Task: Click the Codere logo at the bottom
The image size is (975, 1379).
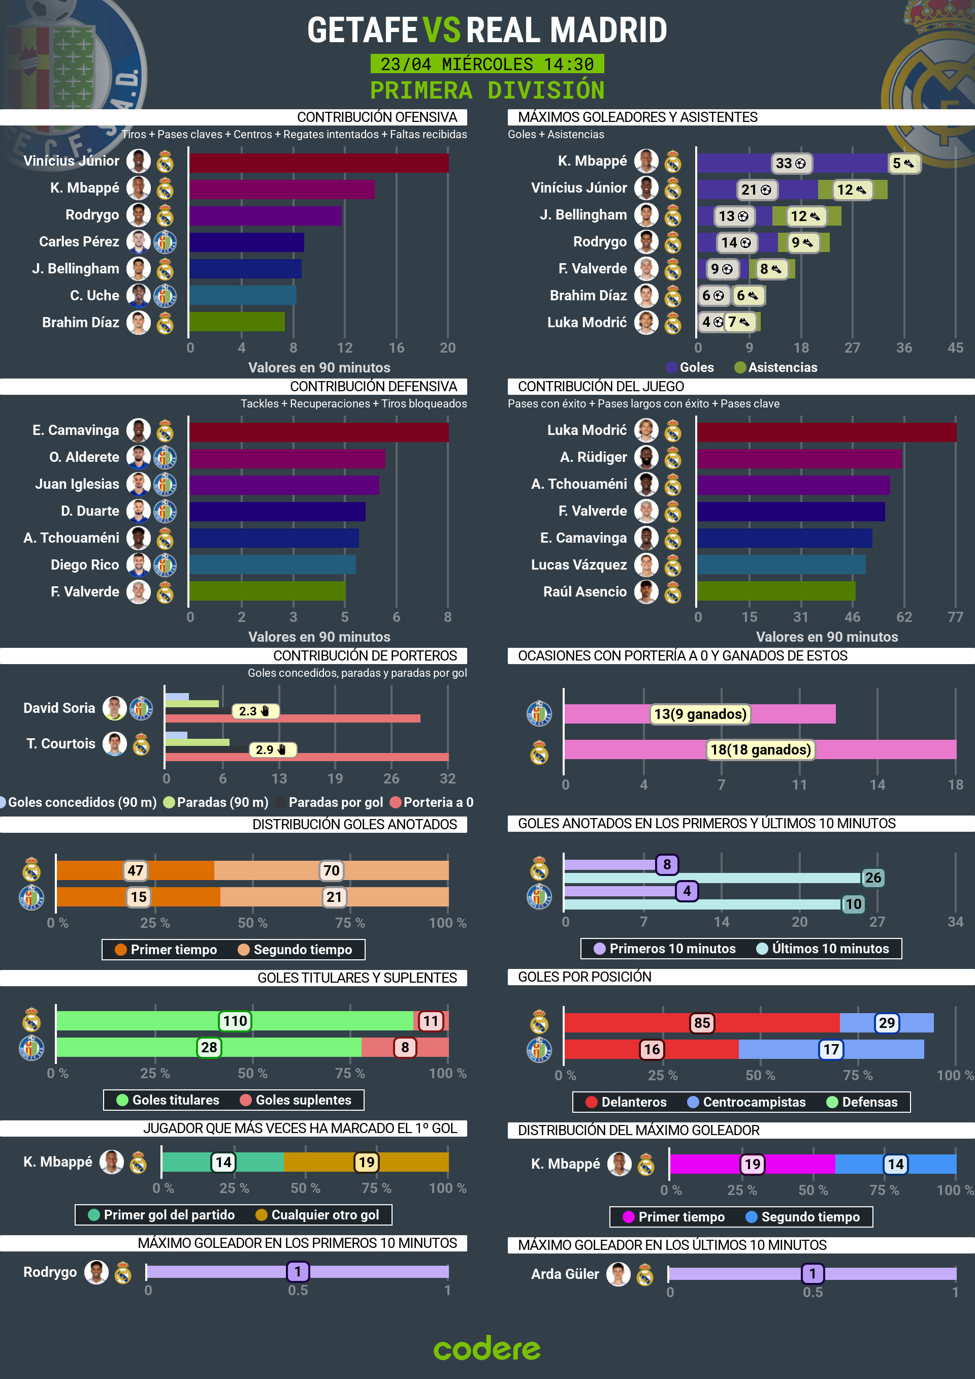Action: (487, 1349)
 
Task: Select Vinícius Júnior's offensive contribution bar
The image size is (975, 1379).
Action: (318, 163)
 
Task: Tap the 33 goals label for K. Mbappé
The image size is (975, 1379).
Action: (790, 164)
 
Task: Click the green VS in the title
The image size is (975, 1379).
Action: (441, 30)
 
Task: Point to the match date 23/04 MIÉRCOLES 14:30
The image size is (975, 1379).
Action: (487, 64)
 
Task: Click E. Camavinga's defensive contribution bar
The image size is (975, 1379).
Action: (318, 432)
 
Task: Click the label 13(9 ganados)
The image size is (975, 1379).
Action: (700, 714)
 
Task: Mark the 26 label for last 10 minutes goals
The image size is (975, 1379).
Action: (872, 877)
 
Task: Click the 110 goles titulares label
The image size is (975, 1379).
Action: (235, 1021)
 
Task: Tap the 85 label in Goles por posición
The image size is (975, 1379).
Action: (701, 1023)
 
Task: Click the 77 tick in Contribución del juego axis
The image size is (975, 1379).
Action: (955, 617)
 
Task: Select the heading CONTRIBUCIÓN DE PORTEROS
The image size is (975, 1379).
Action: (365, 656)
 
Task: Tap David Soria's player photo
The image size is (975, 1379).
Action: (114, 708)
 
